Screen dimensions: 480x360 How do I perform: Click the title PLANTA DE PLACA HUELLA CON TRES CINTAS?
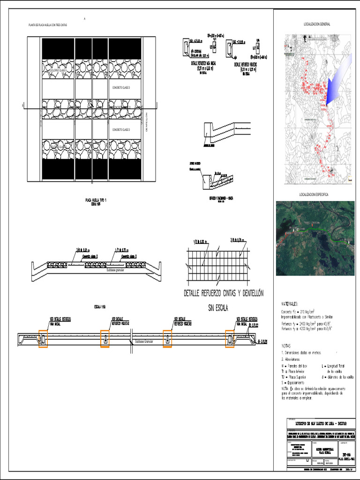tap(47, 25)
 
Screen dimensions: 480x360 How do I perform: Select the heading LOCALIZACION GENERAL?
tap(317, 23)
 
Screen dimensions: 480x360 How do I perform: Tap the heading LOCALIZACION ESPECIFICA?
tap(314, 194)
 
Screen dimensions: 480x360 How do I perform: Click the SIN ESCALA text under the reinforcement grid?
tap(218, 308)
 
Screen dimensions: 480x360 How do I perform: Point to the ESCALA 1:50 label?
tap(101, 307)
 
